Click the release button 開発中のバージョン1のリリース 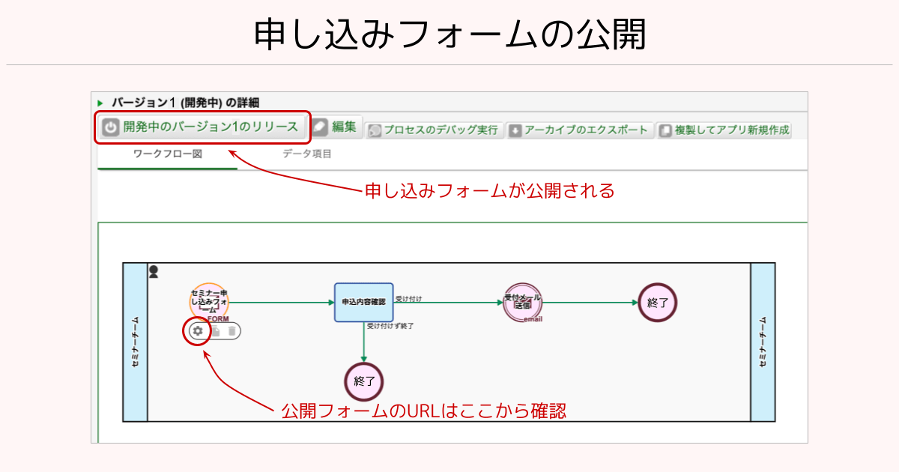coord(202,127)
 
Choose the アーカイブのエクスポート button coord(579,130)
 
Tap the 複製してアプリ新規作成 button coord(724,130)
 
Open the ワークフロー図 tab coord(167,154)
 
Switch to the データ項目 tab coord(307,154)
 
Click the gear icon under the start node coord(198,330)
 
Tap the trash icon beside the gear coord(232,330)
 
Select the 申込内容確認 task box coord(363,302)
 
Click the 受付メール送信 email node coord(523,303)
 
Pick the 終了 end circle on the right coord(658,303)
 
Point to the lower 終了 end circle coord(364,381)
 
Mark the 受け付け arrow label coord(409,299)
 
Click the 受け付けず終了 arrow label coord(390,326)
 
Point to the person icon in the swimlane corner coord(154,271)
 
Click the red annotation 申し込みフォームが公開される coord(489,191)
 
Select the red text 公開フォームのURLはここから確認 coord(423,411)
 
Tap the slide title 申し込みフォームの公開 coord(449,34)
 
